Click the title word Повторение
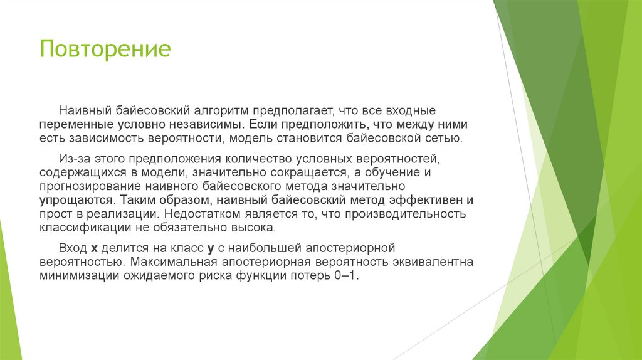[x=105, y=49]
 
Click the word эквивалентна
[x=429, y=262]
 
